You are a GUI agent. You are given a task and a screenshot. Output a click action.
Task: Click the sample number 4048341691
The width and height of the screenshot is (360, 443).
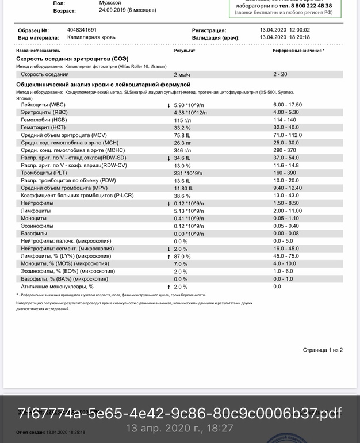[82, 30]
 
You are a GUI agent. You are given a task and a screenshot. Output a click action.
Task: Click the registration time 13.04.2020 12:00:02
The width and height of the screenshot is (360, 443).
[285, 30]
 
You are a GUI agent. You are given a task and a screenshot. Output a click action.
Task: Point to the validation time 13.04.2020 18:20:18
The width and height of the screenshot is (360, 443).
[285, 37]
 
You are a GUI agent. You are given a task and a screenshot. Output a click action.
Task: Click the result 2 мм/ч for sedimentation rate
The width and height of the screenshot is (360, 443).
[182, 75]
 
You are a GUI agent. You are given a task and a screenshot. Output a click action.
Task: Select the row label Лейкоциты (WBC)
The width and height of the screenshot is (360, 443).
[43, 105]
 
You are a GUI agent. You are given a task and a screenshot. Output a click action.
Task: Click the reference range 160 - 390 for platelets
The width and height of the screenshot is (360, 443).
[285, 173]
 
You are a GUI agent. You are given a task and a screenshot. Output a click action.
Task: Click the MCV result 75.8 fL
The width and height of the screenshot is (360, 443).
[183, 135]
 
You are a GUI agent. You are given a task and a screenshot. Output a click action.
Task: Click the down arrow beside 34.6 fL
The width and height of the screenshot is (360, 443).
[168, 158]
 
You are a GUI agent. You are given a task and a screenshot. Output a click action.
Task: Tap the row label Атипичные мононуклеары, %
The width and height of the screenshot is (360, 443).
[57, 287]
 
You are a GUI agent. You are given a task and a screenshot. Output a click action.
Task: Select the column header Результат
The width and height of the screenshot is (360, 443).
[184, 51]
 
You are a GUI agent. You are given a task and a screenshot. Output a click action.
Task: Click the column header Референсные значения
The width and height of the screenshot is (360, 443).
[298, 51]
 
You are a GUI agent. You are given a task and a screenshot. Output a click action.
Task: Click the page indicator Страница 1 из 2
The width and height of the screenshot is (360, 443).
[323, 350]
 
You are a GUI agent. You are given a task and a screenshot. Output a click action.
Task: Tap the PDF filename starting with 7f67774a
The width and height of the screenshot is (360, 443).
[179, 413]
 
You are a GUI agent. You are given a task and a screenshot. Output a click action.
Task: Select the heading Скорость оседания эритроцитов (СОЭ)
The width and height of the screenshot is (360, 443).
[72, 59]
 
